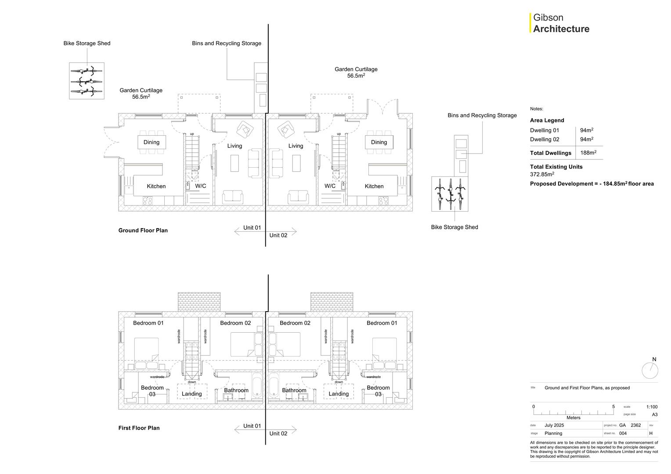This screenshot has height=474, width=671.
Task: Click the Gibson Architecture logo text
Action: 561,23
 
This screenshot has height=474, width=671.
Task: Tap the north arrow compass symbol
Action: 650,370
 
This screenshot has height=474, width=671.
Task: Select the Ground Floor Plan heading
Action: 143,230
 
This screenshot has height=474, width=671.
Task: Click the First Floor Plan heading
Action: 139,428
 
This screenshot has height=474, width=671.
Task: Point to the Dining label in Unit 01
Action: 152,142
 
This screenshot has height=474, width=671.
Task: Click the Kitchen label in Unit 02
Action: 374,186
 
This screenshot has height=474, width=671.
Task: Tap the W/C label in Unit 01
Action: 200,186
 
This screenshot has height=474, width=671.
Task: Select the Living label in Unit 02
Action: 296,146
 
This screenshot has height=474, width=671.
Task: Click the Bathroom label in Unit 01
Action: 236,390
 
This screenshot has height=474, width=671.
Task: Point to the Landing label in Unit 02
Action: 339,394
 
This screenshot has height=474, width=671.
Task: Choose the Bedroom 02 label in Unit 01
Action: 235,323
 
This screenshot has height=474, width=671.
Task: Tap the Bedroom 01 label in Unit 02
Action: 382,323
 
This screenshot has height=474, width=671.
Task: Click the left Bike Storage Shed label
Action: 87,43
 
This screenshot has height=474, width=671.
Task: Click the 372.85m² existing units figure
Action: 542,174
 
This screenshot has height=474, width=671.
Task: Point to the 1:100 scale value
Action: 652,407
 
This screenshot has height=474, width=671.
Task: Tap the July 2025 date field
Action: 554,425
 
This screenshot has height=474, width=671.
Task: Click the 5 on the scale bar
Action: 613,406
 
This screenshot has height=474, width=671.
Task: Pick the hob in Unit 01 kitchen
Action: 148,201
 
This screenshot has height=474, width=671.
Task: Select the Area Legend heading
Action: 547,120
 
